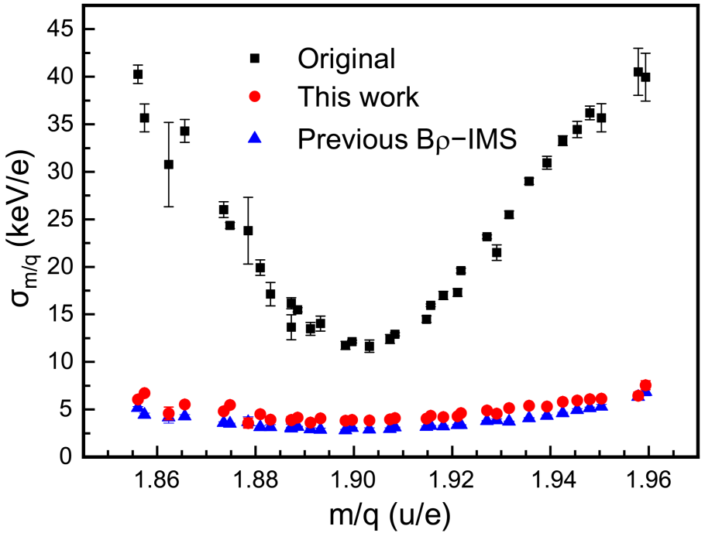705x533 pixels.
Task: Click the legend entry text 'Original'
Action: [347, 59]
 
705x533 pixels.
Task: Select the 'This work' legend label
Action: [359, 97]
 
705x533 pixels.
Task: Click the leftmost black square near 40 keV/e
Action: [138, 75]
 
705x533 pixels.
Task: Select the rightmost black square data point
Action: [645, 77]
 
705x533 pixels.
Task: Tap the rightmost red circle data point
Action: [645, 385]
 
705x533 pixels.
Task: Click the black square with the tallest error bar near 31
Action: [169, 164]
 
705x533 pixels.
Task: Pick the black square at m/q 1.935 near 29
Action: [529, 181]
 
